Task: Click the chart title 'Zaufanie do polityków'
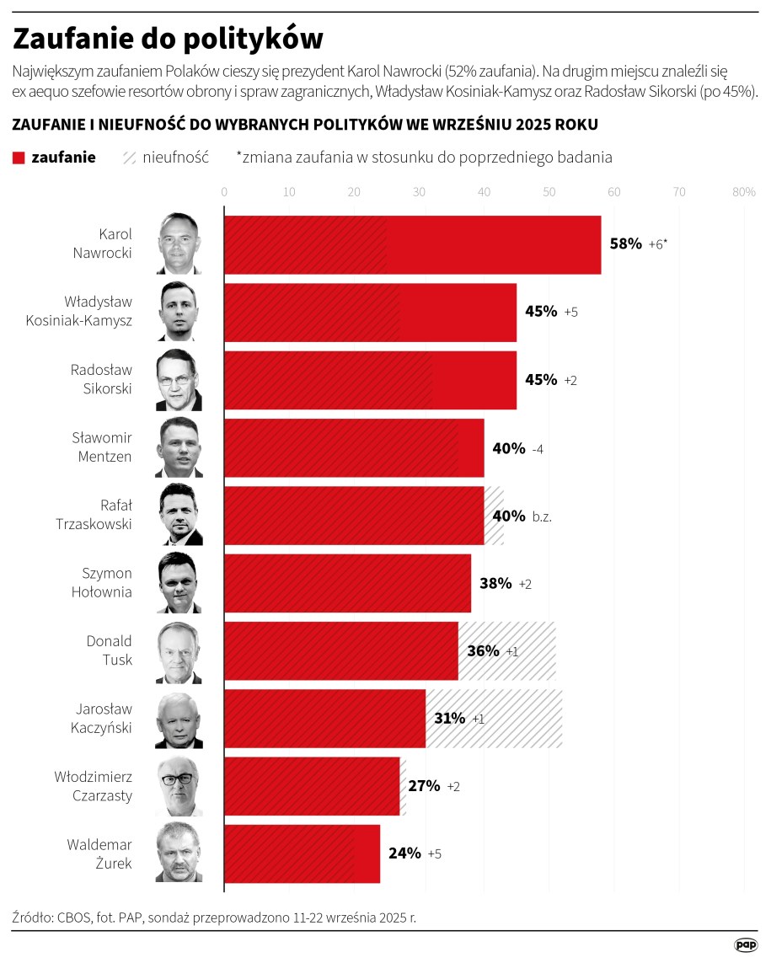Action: tap(169, 38)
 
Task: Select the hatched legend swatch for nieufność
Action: tap(130, 158)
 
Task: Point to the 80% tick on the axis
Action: tap(743, 192)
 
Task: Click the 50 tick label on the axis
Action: tap(549, 192)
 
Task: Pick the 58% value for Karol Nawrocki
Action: tap(625, 244)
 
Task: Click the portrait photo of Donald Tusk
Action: tap(179, 652)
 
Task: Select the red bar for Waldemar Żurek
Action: tap(302, 853)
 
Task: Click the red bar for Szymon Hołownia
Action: tap(347, 583)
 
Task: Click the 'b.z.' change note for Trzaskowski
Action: tap(542, 516)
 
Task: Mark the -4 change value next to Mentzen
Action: tap(538, 448)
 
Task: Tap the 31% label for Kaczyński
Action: tap(449, 719)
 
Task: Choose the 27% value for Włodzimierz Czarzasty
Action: tap(424, 786)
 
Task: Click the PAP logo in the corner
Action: tap(746, 945)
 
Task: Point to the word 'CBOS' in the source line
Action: tap(78, 917)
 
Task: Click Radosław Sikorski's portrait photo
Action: tap(179, 380)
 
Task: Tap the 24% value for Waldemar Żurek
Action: tap(404, 853)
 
